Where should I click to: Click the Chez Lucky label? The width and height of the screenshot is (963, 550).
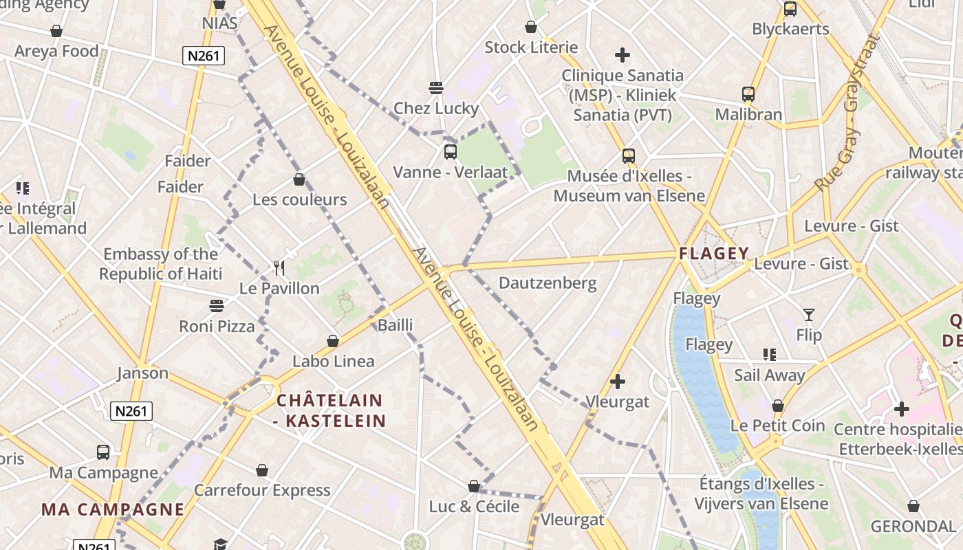coord(436,108)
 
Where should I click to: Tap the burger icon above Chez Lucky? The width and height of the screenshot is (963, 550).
coord(435,88)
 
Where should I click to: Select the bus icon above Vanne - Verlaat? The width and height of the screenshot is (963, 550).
coord(450,151)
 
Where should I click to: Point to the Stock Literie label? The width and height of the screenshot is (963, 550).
coord(531,47)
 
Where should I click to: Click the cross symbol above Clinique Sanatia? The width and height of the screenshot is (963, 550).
coord(623,55)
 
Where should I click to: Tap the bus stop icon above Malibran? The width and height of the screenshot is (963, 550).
coord(748,94)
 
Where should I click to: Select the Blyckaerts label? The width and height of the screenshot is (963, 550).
coord(790,29)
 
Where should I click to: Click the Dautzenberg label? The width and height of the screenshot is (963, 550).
coord(548,283)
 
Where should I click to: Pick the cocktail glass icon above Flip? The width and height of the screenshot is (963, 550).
coord(809,315)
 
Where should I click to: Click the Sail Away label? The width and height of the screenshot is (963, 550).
coord(769,375)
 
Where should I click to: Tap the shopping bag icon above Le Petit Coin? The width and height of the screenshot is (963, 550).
coord(777,406)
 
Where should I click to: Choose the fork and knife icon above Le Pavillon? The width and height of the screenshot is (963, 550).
coord(279,267)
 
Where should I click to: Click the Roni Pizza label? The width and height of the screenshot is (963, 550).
coord(217,326)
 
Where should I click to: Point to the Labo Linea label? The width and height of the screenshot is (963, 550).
coord(334,361)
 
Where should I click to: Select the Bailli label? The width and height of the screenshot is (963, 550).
coord(396,325)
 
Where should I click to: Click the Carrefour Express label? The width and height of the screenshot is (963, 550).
coord(262,490)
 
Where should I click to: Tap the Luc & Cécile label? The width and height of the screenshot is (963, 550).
coord(474,507)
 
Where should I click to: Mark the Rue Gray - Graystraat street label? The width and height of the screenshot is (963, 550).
coord(847,114)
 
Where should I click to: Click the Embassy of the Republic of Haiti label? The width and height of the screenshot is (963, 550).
coord(160,264)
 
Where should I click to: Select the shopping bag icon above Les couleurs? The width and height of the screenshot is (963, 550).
coord(299,180)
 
